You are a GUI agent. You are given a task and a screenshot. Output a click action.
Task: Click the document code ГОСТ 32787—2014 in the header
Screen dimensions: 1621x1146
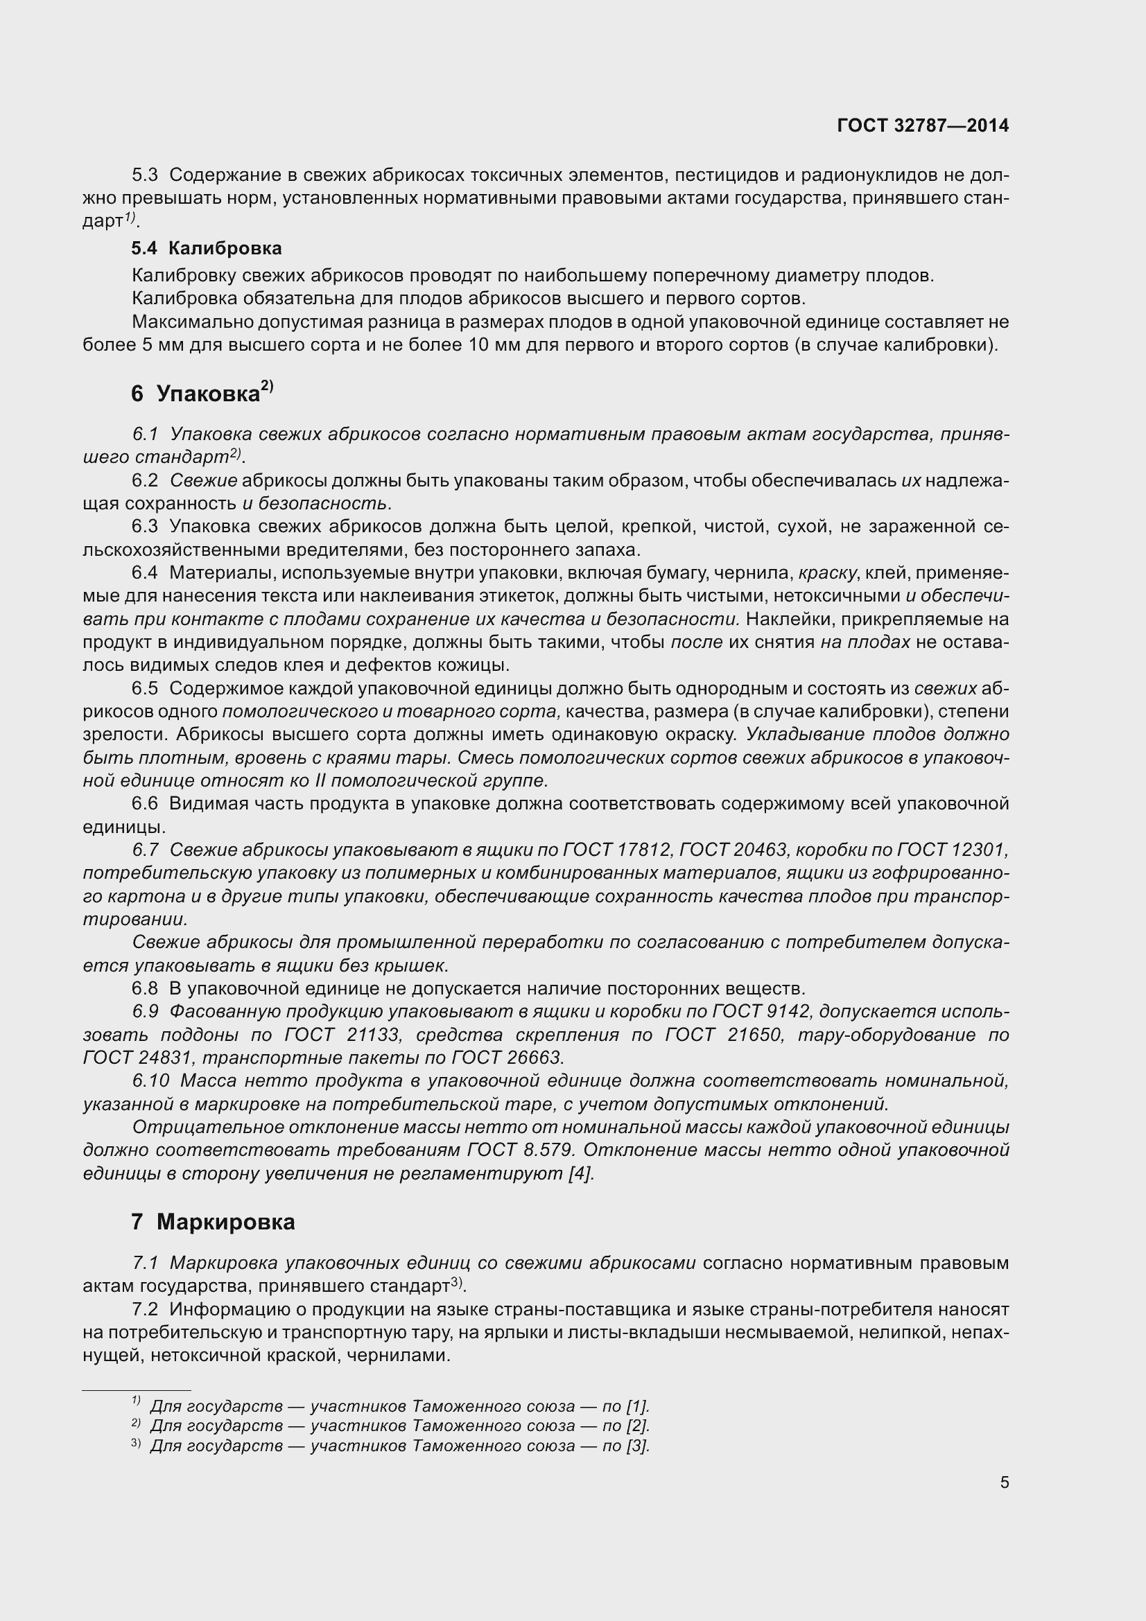[x=922, y=125]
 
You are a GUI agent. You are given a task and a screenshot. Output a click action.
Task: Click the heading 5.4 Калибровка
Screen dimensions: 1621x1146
[x=206, y=248]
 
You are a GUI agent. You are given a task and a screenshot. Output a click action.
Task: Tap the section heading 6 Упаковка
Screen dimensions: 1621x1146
[x=201, y=393]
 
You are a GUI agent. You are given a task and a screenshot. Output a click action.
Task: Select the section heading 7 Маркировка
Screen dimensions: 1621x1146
[x=213, y=1221]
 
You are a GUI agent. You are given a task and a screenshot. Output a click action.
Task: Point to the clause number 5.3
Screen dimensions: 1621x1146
[x=145, y=175]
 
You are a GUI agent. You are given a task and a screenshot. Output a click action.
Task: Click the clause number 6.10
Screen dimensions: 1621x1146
[x=150, y=1081]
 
